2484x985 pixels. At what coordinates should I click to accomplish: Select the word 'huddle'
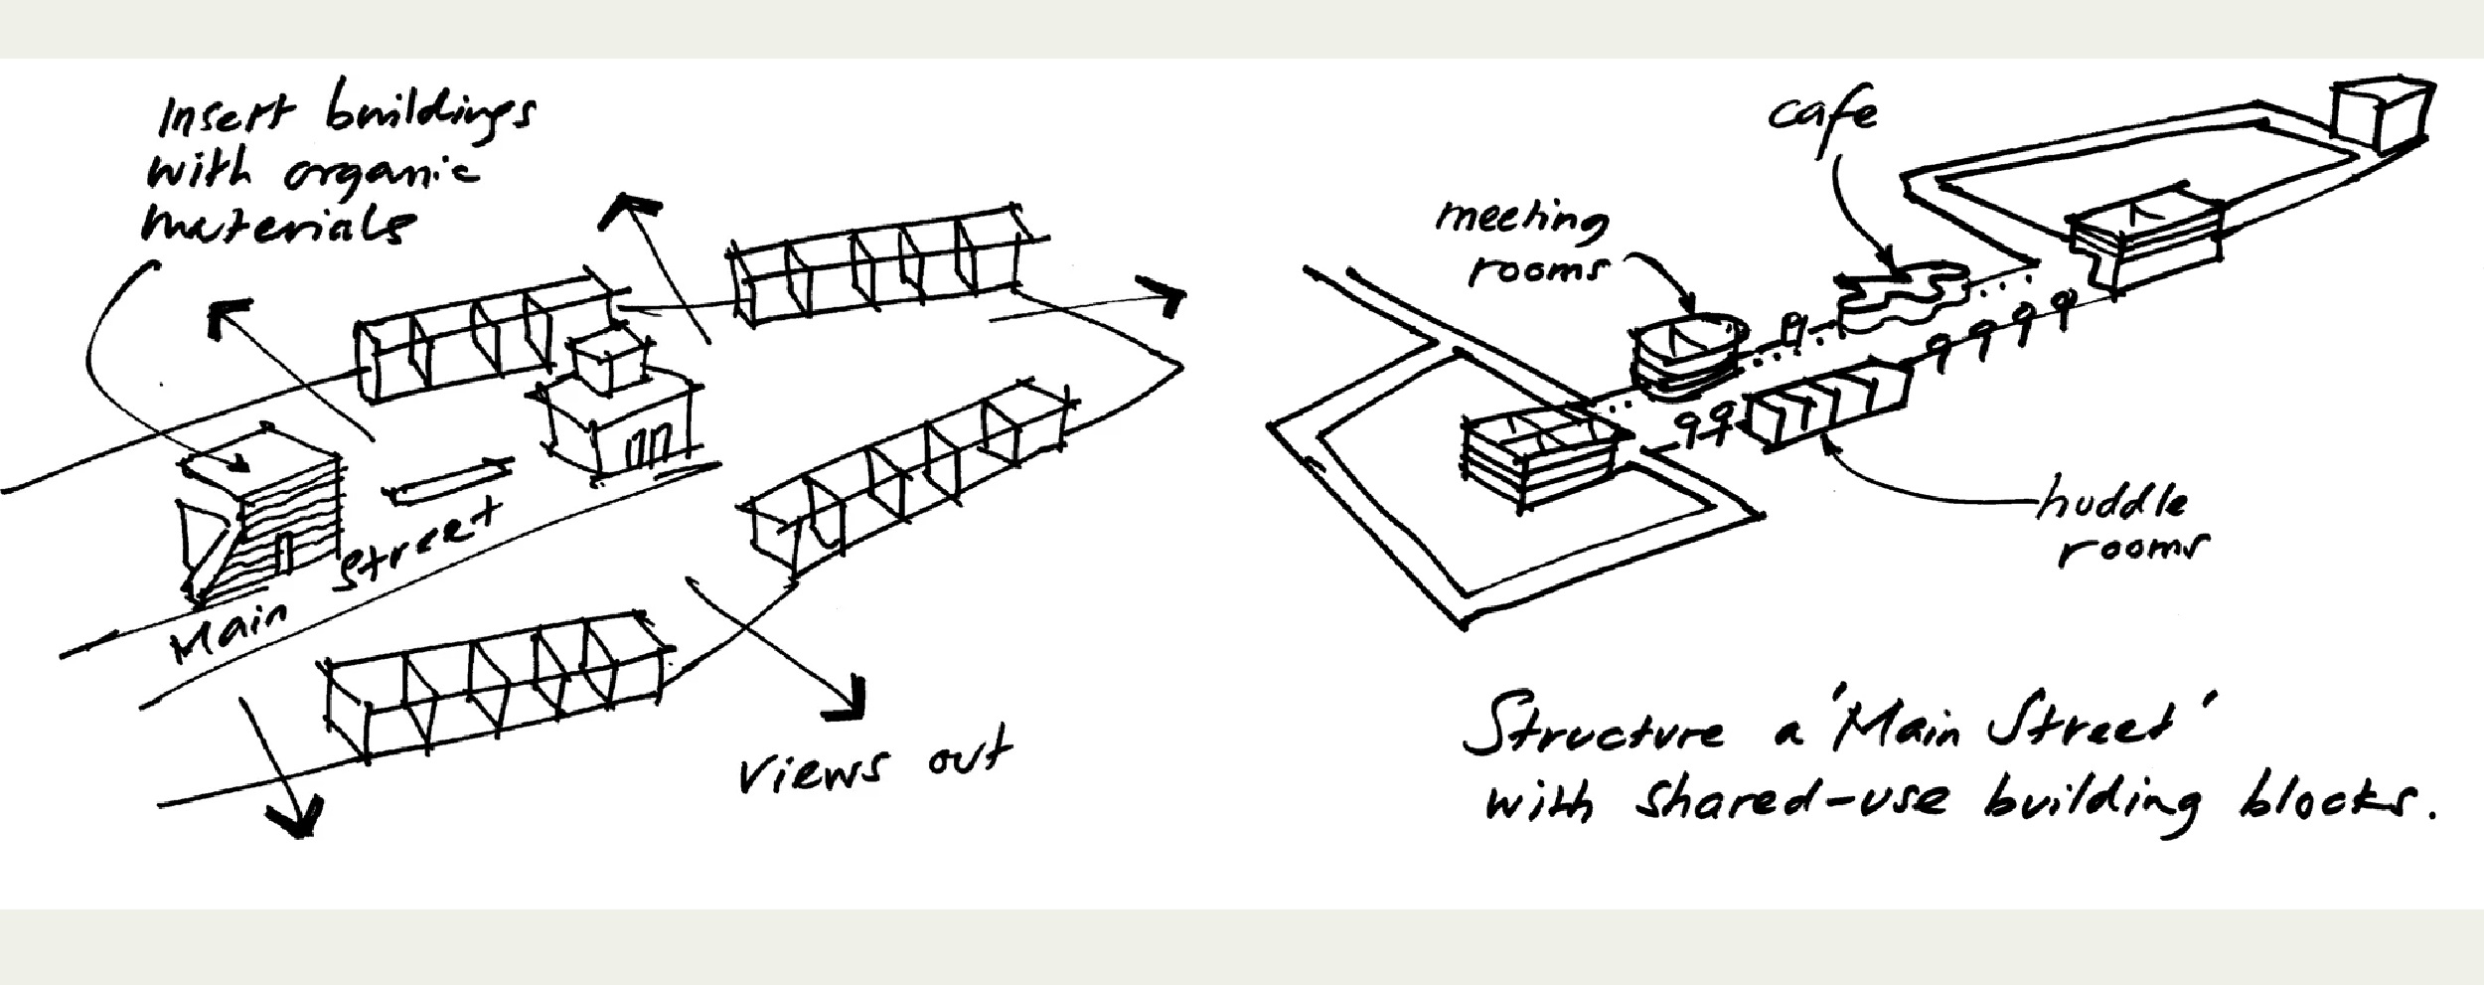click(x=2111, y=503)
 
